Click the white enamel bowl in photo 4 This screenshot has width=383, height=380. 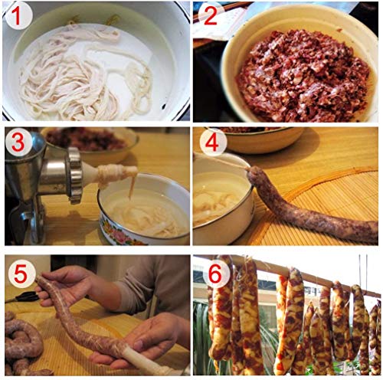218,199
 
